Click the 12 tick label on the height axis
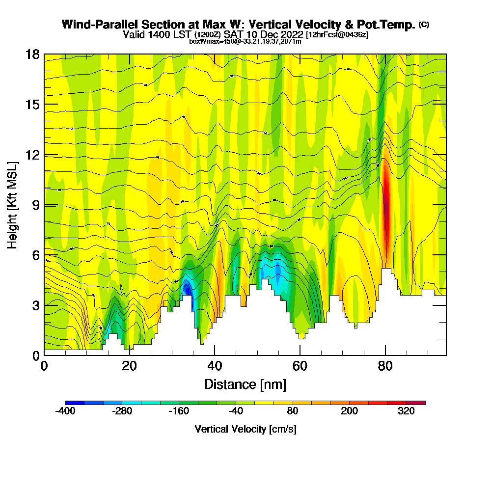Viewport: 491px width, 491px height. point(32,155)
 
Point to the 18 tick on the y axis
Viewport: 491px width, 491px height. point(44,54)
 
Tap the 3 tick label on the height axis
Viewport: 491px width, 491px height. point(35,305)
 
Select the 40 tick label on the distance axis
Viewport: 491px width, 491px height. point(215,366)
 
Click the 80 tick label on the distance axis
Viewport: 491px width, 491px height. point(385,366)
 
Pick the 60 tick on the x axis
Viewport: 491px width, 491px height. point(300,355)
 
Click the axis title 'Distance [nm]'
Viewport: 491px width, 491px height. point(245,384)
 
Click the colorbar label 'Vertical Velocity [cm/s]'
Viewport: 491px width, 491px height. point(245,429)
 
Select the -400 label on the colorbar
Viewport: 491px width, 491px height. point(65,411)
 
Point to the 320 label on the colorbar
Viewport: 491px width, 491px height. point(407,411)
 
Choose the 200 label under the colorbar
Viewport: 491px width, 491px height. point(350,411)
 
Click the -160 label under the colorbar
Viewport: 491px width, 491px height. point(179,411)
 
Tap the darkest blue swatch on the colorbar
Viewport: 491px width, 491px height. point(75,403)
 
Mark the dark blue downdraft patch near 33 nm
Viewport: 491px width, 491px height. point(187,289)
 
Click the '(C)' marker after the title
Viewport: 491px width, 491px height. point(424,24)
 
